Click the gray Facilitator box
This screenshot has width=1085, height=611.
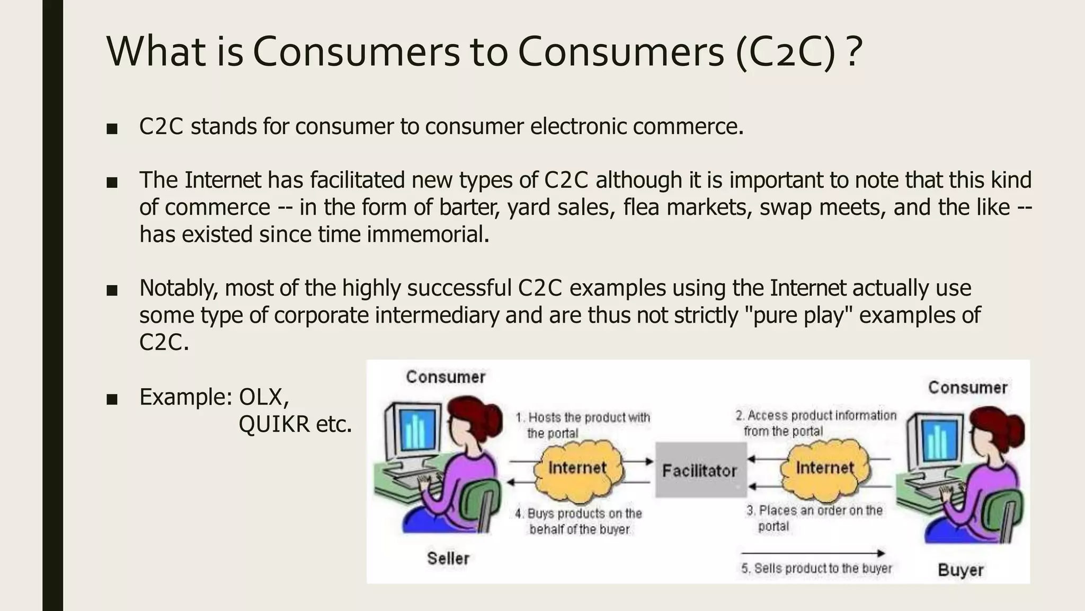coord(700,470)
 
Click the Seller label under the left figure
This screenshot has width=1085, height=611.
coord(448,558)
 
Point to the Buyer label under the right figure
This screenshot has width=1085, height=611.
coord(961,570)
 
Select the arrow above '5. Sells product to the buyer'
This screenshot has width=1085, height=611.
coord(813,553)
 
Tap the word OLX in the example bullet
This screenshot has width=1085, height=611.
coord(263,397)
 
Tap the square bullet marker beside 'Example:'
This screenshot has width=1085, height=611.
coord(112,399)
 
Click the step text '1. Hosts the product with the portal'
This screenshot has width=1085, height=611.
coord(583,425)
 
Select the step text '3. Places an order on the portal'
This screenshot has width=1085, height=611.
coord(814,518)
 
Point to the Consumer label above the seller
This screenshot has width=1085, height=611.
coord(446,377)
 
